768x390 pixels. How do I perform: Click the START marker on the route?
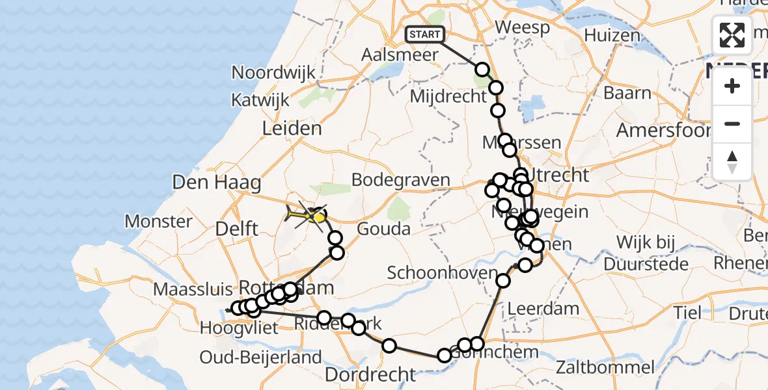425,34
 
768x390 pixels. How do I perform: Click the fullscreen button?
732,35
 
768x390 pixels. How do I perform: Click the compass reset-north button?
732,162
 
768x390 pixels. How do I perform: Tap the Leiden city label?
292,129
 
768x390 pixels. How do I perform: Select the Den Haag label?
217,183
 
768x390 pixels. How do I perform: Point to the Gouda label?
384,229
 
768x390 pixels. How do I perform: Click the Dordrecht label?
370,374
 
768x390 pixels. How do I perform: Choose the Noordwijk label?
273,73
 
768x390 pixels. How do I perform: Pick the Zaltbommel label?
605,367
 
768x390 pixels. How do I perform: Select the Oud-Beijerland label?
260,357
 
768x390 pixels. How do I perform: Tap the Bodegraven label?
400,180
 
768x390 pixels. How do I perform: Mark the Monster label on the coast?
159,221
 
